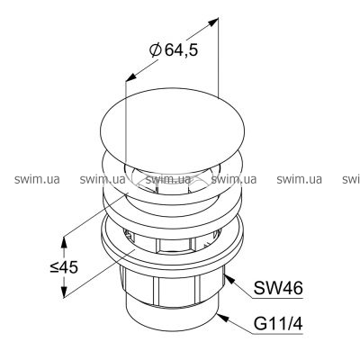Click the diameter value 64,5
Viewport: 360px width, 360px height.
pos(181,49)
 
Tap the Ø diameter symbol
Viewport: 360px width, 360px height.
pos(155,49)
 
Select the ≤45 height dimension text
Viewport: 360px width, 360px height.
pos(64,267)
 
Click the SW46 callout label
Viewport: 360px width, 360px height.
pos(278,288)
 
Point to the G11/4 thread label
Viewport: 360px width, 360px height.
pos(278,324)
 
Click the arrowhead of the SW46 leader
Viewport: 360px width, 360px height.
pos(229,279)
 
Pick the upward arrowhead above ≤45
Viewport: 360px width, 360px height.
pos(64,242)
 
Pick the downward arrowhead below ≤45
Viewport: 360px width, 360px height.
pos(64,292)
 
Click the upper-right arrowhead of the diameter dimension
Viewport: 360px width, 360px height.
pos(212,22)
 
